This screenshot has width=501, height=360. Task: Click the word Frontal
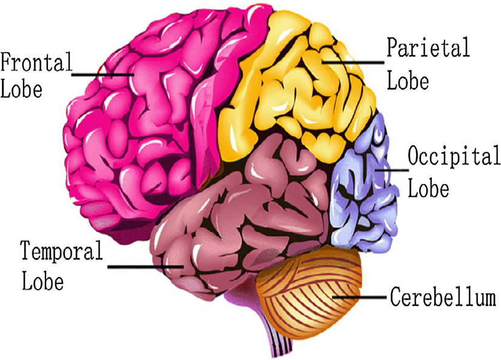pyautogui.click(x=36, y=63)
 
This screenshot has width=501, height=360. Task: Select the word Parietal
pyautogui.click(x=427, y=47)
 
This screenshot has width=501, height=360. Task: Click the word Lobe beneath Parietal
pyautogui.click(x=408, y=80)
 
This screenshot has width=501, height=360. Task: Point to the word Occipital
pyautogui.click(x=453, y=157)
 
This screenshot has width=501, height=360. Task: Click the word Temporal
pyautogui.click(x=62, y=250)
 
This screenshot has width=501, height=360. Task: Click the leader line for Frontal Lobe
pyautogui.click(x=103, y=75)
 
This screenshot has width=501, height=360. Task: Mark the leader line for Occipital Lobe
pyautogui.click(x=391, y=171)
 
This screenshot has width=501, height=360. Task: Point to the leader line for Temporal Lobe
pyautogui.click(x=146, y=266)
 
